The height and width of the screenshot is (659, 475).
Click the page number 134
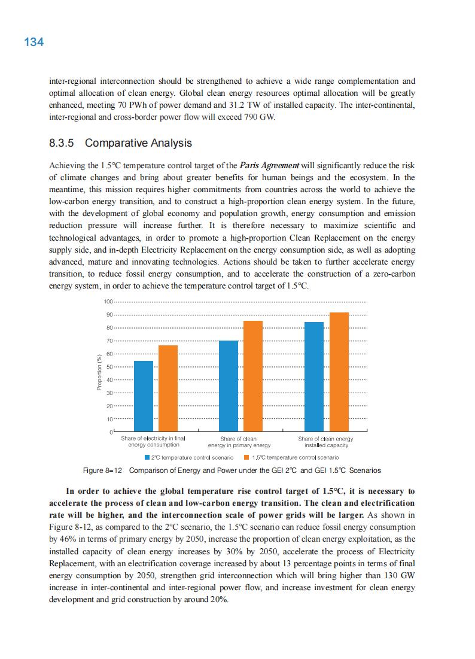click(x=34, y=42)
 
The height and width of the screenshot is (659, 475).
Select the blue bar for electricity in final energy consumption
click(x=144, y=396)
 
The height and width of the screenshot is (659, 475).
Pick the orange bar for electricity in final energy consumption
click(x=168, y=388)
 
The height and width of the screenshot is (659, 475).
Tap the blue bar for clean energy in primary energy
click(x=229, y=386)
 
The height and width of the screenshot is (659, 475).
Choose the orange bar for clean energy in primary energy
click(x=253, y=376)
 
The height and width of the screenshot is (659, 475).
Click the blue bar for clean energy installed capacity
click(x=314, y=376)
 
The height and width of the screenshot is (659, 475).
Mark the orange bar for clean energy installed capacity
click(x=339, y=372)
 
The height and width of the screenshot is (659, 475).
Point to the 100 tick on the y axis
click(x=108, y=302)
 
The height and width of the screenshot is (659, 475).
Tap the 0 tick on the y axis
click(x=111, y=432)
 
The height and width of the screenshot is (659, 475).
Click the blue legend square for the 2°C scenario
click(x=147, y=457)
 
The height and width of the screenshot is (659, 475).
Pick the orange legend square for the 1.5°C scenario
click(x=246, y=457)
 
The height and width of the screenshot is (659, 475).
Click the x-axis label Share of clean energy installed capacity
click(x=326, y=442)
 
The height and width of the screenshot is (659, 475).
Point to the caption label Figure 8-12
click(x=102, y=470)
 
